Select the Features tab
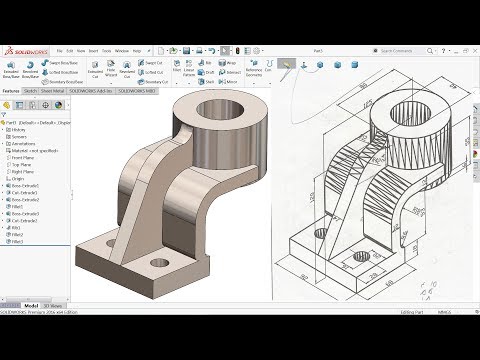tap(12, 90)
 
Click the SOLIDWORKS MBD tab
tap(139, 90)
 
